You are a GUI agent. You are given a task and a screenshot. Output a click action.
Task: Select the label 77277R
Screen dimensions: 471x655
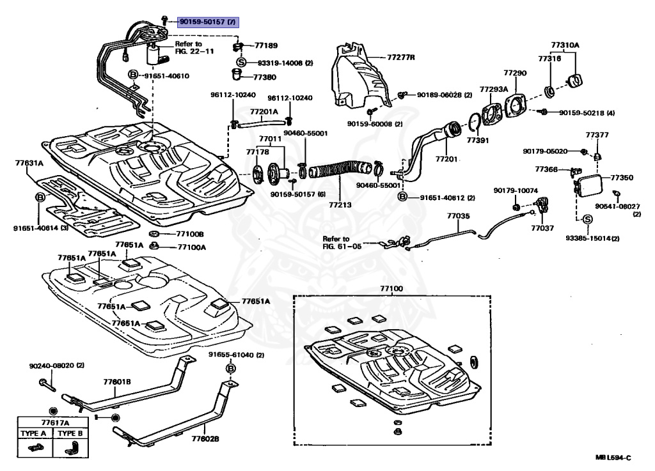(x=401, y=58)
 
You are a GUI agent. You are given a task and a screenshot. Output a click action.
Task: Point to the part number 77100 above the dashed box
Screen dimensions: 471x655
(x=393, y=289)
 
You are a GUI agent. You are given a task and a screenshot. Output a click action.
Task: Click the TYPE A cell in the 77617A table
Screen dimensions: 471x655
(x=35, y=433)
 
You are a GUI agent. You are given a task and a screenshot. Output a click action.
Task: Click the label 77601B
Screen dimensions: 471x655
(x=117, y=382)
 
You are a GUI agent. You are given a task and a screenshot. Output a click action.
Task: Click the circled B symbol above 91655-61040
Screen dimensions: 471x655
(x=231, y=369)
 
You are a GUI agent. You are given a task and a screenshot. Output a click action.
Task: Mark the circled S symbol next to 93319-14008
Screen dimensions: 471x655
(x=242, y=63)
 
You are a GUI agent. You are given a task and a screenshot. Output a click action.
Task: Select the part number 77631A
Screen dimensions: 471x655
(x=29, y=163)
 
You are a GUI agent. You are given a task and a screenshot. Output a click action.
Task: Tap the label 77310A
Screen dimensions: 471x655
(x=565, y=45)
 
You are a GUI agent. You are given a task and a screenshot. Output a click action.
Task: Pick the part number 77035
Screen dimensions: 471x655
(x=458, y=217)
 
